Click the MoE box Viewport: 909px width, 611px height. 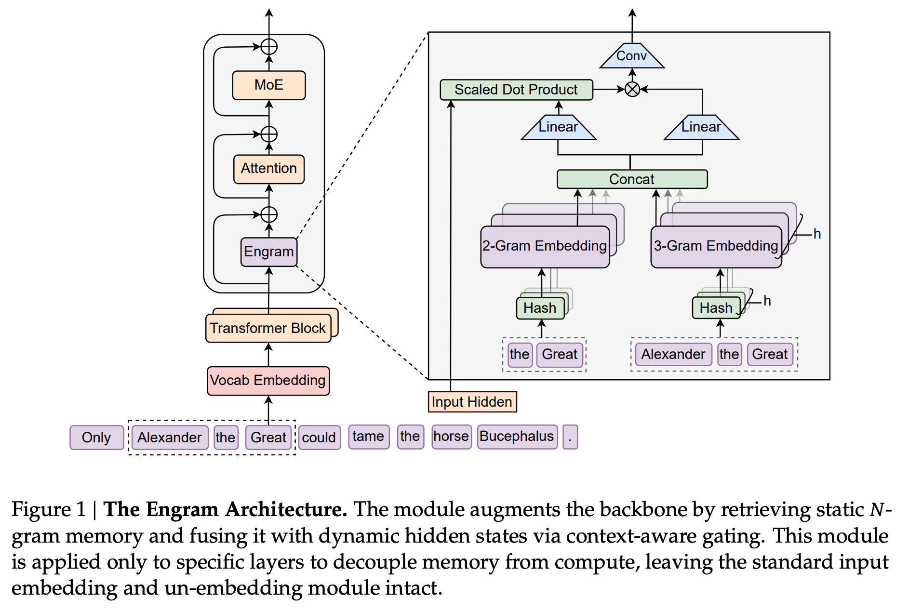pos(269,85)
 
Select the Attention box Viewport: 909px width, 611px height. pos(269,169)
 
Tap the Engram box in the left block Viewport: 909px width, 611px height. pos(269,252)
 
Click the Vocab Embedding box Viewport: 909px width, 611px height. pos(268,381)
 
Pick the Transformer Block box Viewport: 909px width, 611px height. pos(268,328)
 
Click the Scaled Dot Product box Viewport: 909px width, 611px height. pos(516,90)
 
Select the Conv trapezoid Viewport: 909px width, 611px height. pos(632,55)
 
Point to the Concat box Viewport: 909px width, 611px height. pos(632,179)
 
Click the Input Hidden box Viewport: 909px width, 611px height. pos(472,402)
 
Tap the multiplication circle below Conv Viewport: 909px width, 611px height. pos(632,89)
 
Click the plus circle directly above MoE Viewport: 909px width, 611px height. pos(269,47)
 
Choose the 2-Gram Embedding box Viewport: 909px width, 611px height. pos(545,247)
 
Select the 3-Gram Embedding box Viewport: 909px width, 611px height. pos(716,247)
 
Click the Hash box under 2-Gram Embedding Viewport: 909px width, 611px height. pos(540,308)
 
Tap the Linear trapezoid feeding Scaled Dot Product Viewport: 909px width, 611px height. pos(559,127)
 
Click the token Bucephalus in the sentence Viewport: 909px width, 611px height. pos(517,437)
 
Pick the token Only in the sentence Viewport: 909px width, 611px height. pos(97,438)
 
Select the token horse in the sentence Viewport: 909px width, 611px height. pos(452,437)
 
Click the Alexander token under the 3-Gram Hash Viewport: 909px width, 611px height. pos(673,355)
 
